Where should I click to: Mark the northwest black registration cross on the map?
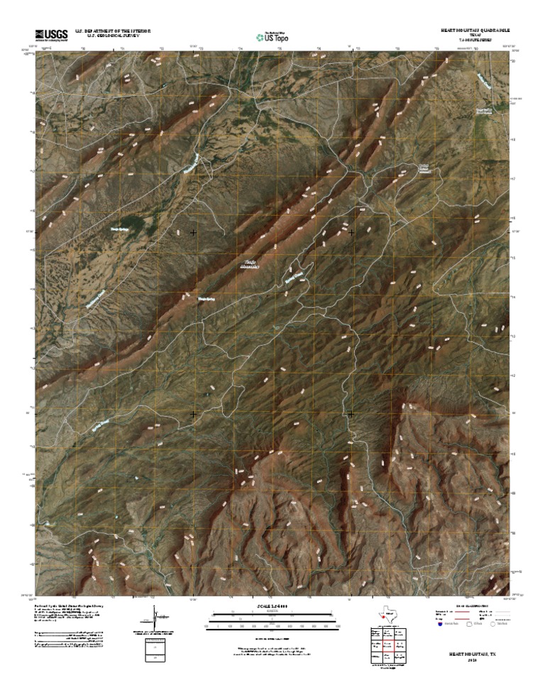click(193, 233)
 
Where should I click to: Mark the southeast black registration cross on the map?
click(351, 413)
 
